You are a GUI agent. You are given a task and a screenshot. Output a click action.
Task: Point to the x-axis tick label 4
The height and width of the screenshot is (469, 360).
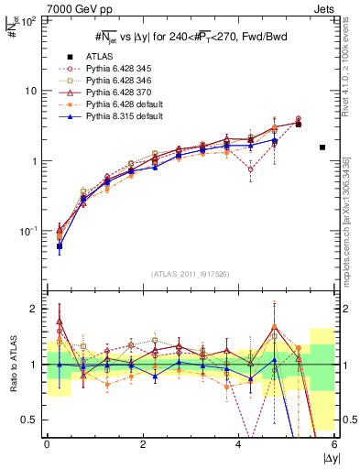tap(239, 444)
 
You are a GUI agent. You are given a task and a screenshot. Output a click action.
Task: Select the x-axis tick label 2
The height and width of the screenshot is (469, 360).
tap(143, 444)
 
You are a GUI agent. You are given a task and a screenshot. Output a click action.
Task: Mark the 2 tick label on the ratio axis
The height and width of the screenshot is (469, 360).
tap(33, 309)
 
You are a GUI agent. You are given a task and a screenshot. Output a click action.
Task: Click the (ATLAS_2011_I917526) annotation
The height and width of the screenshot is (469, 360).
tap(191, 274)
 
